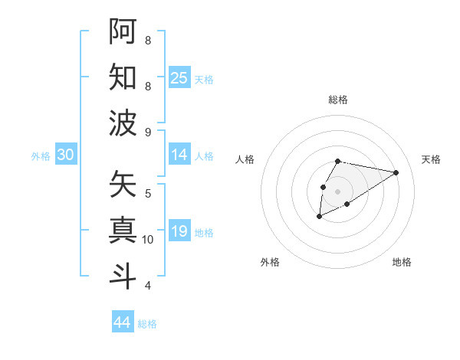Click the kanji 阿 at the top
click(123, 31)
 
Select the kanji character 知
click(123, 77)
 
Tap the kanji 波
click(123, 123)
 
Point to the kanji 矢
click(123, 184)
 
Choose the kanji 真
click(123, 229)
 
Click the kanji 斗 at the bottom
click(123, 275)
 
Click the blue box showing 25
click(179, 78)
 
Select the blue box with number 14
click(179, 155)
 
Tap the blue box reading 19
click(179, 231)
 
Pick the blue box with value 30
click(65, 155)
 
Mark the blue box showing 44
click(123, 322)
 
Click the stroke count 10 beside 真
click(148, 240)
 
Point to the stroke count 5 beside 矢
click(148, 193)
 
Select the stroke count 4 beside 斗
click(148, 286)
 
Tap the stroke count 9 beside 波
click(148, 132)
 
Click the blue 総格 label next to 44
click(147, 324)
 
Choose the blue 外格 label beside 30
click(41, 156)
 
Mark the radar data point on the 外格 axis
click(319, 218)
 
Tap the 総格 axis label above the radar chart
click(337, 100)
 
